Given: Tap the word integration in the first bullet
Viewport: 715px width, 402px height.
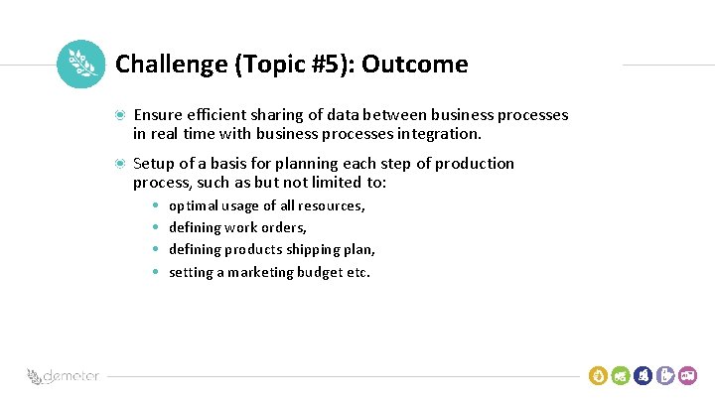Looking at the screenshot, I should tap(439, 133).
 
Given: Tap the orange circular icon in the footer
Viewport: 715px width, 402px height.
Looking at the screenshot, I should tap(598, 375).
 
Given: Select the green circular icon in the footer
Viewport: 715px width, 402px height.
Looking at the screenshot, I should tap(621, 375).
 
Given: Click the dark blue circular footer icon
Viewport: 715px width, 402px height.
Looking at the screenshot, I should tap(643, 375).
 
